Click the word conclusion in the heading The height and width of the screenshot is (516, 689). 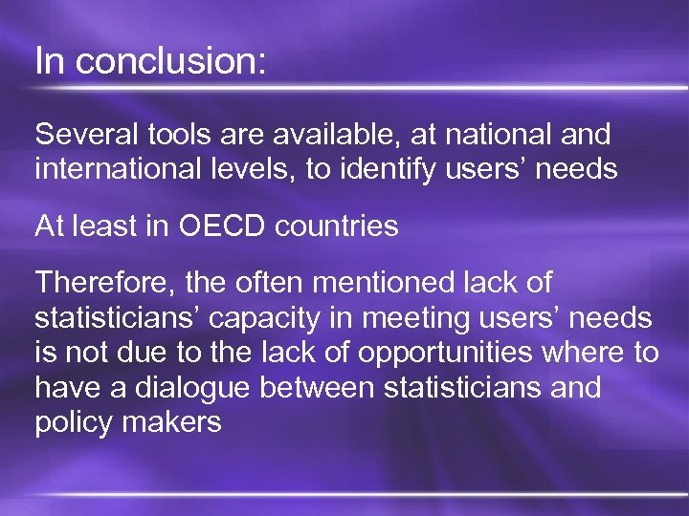pos(171,62)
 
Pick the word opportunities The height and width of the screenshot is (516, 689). pos(445,354)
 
